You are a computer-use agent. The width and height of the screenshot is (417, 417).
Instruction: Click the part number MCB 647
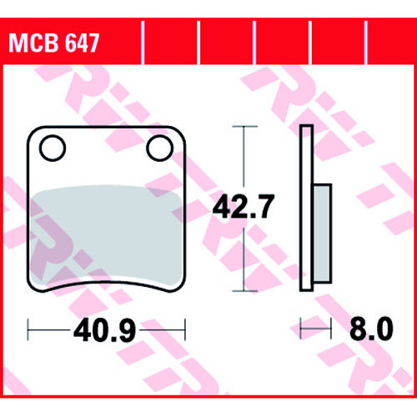pyautogui.click(x=54, y=43)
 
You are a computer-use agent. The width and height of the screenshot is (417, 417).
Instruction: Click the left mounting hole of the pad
pyautogui.click(x=53, y=148)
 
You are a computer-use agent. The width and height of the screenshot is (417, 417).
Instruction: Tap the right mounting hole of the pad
pyautogui.click(x=160, y=148)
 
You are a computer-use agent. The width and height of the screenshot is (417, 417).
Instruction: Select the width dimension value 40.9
pyautogui.click(x=104, y=330)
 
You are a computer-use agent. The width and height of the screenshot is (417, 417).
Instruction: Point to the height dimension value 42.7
pyautogui.click(x=244, y=206)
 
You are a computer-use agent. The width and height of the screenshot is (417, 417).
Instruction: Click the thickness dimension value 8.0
pyautogui.click(x=371, y=329)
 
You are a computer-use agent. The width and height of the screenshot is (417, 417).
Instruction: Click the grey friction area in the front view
pyautogui.click(x=106, y=235)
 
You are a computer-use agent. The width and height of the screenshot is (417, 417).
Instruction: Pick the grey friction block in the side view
pyautogui.click(x=323, y=234)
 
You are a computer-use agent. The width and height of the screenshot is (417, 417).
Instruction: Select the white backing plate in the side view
pyautogui.click(x=306, y=208)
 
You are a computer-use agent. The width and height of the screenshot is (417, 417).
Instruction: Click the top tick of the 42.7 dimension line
pyautogui.click(x=244, y=127)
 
